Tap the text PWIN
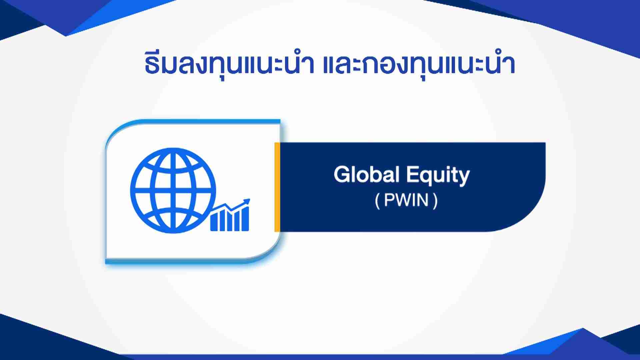point(406,201)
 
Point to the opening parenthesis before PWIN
point(377,201)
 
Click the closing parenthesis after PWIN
point(435,201)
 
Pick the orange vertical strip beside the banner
point(277,187)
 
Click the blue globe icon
point(173,190)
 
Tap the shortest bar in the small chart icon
point(214,224)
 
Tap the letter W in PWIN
point(401,201)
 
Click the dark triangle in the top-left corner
point(20,17)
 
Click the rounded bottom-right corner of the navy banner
point(533,220)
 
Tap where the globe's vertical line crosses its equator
point(173,191)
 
